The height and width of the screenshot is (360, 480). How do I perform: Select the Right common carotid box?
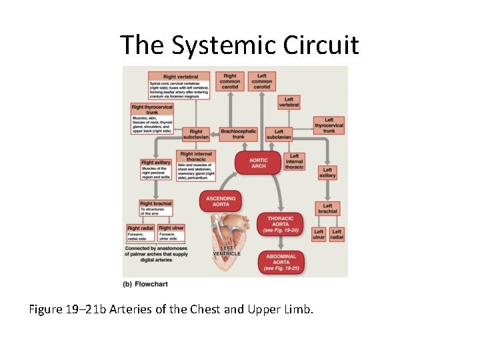(230, 81)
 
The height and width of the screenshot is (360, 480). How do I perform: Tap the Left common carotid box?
(262, 81)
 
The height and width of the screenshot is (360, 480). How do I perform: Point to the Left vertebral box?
(289, 101)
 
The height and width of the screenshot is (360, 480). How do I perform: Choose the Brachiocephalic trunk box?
(238, 134)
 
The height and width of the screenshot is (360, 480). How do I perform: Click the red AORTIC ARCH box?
(258, 163)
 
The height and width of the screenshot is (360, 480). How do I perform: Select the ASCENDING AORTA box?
(221, 201)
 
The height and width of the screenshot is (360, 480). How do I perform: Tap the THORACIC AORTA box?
(281, 225)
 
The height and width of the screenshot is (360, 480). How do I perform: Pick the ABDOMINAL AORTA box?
(281, 261)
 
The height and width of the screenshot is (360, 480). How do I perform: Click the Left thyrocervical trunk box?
(329, 125)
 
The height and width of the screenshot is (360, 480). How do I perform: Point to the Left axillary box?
(328, 173)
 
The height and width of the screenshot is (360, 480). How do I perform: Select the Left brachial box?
(328, 209)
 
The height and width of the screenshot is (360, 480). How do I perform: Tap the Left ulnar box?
(319, 234)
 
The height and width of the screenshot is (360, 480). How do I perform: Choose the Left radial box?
(337, 234)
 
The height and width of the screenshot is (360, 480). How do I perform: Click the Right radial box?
(141, 228)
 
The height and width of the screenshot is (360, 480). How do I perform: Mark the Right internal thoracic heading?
(196, 157)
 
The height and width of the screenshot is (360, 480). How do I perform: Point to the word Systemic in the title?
(215, 45)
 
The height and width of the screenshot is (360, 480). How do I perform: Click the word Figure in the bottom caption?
(49, 309)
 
